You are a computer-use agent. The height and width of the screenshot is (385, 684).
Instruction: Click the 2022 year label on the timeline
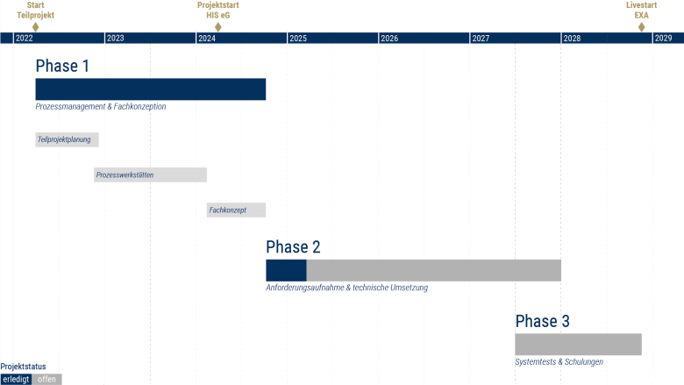point(24,39)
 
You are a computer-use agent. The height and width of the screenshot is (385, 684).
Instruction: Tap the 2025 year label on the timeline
point(298,39)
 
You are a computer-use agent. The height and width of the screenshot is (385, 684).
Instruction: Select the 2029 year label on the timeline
point(663,39)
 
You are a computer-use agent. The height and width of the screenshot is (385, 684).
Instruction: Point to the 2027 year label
point(481,39)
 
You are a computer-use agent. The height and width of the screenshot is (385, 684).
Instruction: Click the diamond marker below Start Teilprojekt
point(35,27)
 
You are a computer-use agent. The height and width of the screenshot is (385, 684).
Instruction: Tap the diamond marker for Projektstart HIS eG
point(218,27)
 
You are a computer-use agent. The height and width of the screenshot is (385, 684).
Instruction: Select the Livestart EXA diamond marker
point(641,27)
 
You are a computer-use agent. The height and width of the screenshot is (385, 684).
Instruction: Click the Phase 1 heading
point(62,66)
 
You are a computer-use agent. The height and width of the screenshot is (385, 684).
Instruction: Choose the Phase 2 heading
point(293,246)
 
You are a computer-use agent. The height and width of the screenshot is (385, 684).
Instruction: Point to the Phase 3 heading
point(542,321)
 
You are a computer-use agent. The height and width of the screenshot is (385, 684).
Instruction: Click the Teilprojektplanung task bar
point(68,139)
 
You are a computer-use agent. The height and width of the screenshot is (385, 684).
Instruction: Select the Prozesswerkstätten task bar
point(150,175)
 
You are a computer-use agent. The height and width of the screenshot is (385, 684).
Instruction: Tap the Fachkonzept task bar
point(236,210)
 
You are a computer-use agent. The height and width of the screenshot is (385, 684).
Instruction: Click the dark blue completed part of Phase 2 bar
point(286,270)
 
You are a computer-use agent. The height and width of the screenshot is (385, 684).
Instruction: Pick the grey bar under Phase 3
point(579,345)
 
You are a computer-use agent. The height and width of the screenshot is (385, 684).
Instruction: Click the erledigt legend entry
point(16,380)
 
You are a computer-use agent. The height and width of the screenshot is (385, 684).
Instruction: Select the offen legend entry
point(46,380)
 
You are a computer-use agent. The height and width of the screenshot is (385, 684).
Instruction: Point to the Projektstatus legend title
point(23,367)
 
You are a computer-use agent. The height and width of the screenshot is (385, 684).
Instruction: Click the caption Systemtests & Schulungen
point(559,362)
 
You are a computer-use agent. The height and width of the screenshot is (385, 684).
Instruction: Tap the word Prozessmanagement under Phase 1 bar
point(71,106)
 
